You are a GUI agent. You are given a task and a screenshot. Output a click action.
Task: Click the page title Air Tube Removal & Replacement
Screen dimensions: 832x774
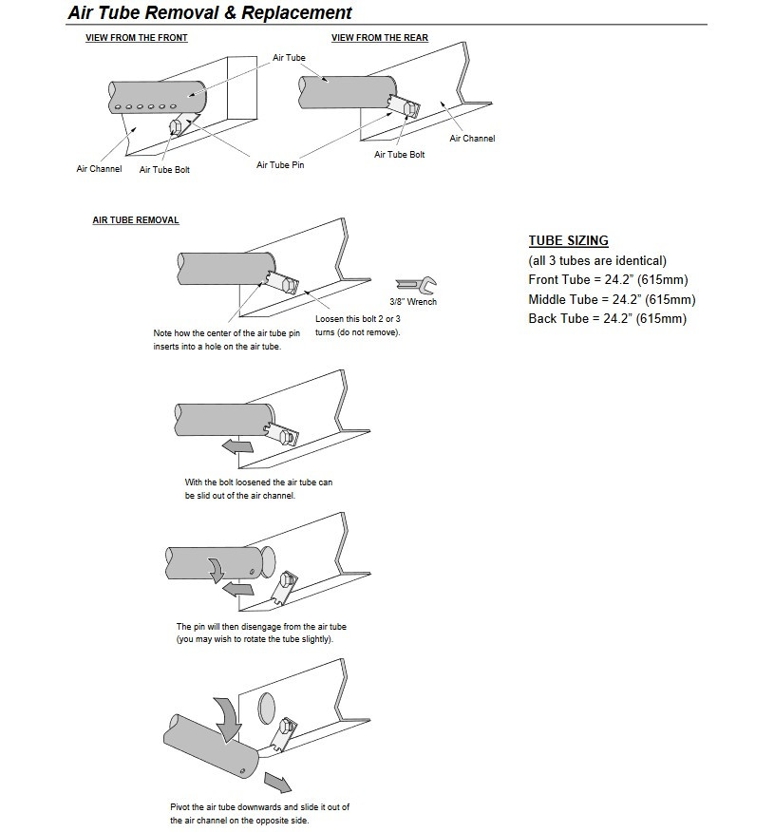coord(210,12)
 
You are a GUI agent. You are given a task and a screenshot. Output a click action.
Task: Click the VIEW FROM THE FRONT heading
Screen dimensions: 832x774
coord(137,38)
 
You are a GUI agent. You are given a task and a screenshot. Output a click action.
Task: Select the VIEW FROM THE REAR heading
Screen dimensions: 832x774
coord(379,38)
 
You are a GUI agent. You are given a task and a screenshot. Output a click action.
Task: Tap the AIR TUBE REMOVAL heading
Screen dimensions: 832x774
coord(136,220)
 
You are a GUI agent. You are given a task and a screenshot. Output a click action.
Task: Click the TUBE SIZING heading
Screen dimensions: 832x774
coord(568,240)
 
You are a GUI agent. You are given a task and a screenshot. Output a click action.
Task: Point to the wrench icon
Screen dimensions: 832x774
coord(414,284)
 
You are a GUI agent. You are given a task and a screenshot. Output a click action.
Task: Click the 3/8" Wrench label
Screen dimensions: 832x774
coord(413,302)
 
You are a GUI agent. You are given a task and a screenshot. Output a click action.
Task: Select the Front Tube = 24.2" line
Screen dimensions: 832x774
coord(608,279)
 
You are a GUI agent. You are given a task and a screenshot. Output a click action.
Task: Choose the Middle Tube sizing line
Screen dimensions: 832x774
coord(612,299)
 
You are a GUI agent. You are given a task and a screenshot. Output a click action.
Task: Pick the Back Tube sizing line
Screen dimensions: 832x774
coord(607,319)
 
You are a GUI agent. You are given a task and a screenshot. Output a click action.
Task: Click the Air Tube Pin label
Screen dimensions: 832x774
coord(280,164)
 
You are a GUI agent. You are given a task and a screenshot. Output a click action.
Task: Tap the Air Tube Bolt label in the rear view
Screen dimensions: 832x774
coord(399,154)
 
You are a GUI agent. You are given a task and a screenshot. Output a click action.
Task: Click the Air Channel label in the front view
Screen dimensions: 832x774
coord(99,169)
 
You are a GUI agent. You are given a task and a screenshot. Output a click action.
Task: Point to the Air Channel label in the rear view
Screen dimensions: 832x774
coord(472,139)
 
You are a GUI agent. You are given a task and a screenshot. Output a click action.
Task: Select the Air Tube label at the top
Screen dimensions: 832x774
coord(289,58)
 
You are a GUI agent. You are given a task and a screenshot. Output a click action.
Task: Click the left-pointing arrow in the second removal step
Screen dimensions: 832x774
coord(236,446)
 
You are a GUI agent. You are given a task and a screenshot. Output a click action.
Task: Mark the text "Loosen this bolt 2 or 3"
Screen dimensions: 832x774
coord(358,319)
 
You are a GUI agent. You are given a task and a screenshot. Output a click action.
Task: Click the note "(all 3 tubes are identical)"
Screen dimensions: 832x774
coord(597,260)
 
